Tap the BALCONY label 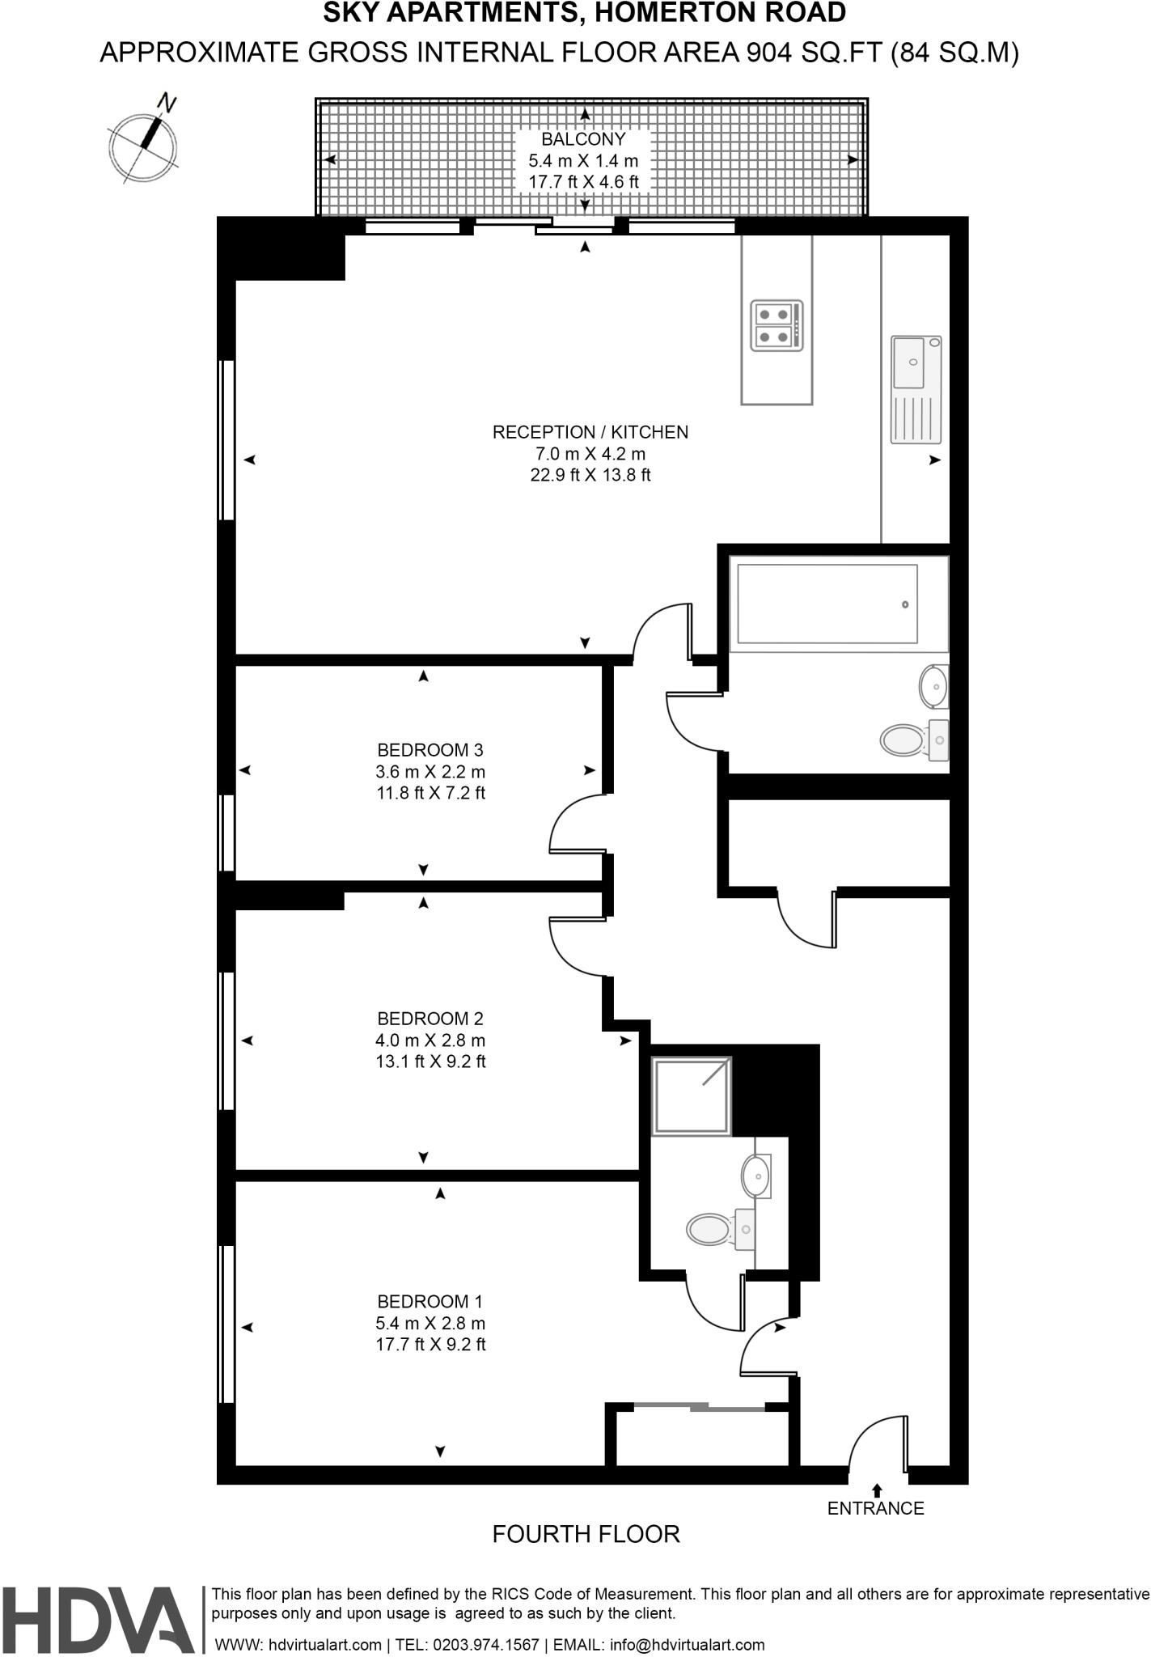[x=583, y=139]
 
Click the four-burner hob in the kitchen [x=777, y=325]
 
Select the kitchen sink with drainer [x=916, y=389]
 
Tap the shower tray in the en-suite [x=692, y=1095]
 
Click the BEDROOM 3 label [x=430, y=750]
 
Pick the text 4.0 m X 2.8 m [x=430, y=1040]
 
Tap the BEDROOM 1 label [x=430, y=1302]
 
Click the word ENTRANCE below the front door [x=875, y=1508]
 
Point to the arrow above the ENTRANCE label [x=877, y=1490]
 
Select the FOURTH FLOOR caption [x=586, y=1534]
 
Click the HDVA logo [x=97, y=1620]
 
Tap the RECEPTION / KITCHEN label [x=590, y=432]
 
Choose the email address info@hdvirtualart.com [x=688, y=1645]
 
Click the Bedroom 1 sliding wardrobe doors [x=699, y=1409]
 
